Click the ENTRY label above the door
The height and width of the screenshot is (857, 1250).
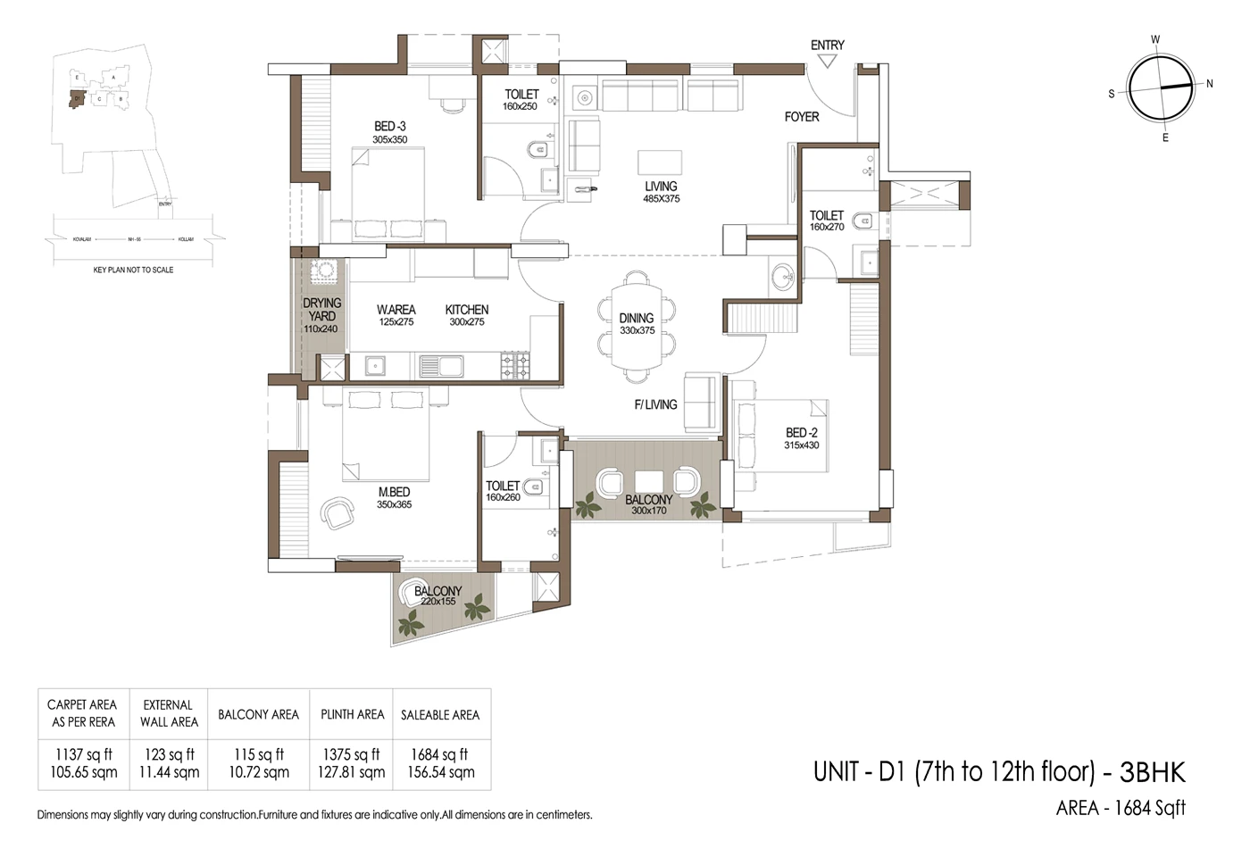[x=827, y=46]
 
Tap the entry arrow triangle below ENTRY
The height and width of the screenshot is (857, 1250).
[x=827, y=62]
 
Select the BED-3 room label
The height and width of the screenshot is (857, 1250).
[x=389, y=132]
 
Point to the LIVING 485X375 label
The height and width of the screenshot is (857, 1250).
[x=661, y=192]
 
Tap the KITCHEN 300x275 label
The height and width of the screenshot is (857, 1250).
[x=467, y=315]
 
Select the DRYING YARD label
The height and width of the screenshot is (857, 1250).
[x=321, y=315]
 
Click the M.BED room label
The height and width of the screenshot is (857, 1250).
[x=394, y=497]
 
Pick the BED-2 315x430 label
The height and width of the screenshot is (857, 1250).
[x=801, y=438]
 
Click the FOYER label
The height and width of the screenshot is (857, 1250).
[x=802, y=117]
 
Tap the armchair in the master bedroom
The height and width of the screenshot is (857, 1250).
[x=337, y=513]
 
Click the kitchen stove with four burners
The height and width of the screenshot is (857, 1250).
[x=515, y=364]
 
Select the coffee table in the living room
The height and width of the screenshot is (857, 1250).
[x=660, y=162]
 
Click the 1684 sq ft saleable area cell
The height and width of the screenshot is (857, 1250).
[x=440, y=763]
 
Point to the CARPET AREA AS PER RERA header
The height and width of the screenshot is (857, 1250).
[x=83, y=713]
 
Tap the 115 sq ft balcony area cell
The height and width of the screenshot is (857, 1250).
[x=258, y=763]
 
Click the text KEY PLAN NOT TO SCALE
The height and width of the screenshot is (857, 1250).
[x=133, y=270]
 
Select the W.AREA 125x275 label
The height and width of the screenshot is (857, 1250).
[x=396, y=315]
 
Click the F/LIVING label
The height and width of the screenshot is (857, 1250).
[x=655, y=404]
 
